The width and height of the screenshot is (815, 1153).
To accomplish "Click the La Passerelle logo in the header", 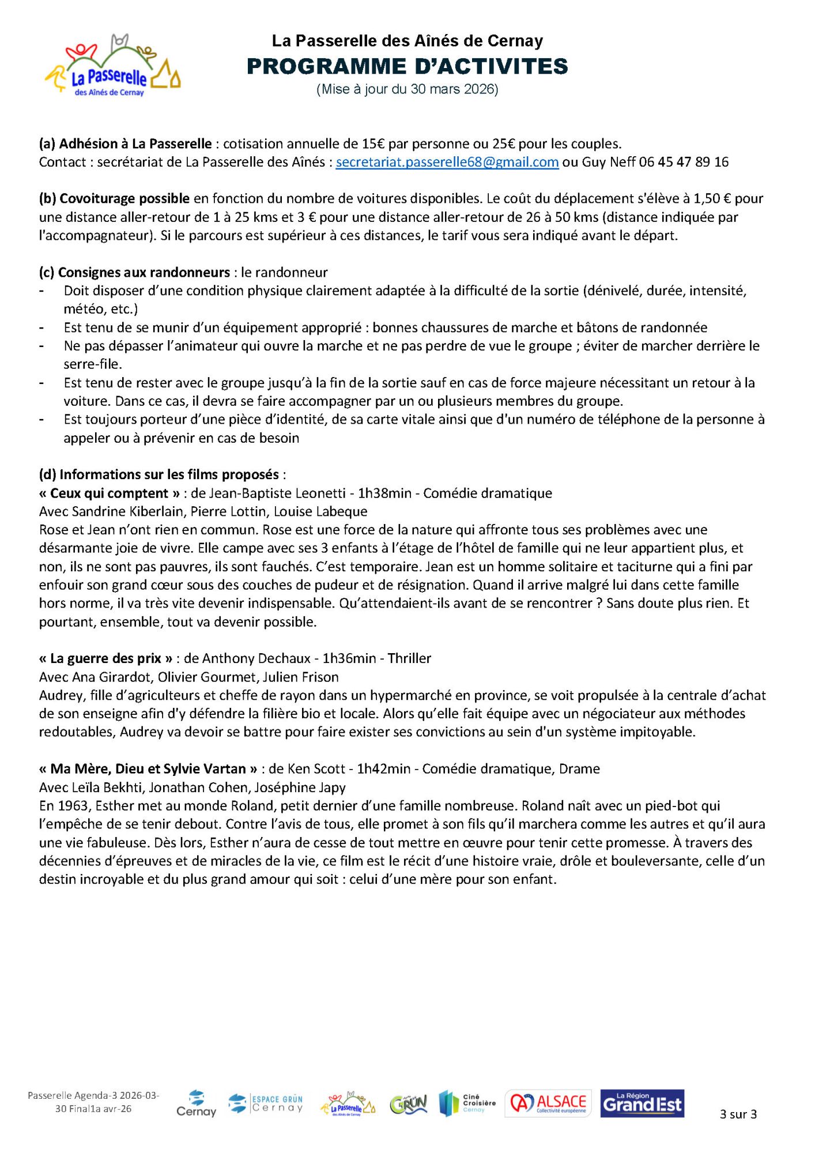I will pos(113,67).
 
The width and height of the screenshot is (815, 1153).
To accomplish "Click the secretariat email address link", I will pos(447,162).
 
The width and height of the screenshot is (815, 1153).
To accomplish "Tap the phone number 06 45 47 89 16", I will pos(684,162).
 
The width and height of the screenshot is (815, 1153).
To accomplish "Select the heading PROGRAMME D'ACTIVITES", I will pos(407,67).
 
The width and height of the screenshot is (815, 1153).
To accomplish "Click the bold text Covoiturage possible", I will pos(124,198).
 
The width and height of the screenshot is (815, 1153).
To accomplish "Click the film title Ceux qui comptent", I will pos(110,493).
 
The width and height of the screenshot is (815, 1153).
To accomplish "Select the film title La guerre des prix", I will pos(105,658).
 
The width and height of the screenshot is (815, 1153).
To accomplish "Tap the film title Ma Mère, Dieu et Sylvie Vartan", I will pos(148,768).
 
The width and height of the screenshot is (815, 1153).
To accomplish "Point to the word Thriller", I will pos(409,658).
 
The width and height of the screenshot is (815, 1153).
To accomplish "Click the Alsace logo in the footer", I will pos(548,1103).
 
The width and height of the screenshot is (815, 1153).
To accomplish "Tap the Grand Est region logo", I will pos(642,1103).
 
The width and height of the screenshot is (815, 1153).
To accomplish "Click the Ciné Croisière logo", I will pos(467,1103).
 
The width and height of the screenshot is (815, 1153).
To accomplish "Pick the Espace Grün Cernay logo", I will pos(266,1103).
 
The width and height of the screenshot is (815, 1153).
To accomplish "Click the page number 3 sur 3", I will pos(738,1114).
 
